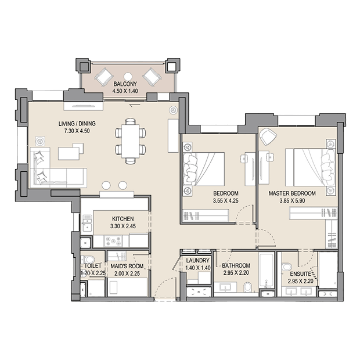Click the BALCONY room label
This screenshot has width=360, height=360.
click(125, 84)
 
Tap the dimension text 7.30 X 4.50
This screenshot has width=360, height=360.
click(77, 131)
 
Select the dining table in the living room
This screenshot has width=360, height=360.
click(131, 141)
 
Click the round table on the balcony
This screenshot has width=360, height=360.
click(128, 76)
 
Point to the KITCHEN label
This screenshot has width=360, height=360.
click(123, 218)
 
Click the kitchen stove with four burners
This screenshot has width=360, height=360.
click(113, 242)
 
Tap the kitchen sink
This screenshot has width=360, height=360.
click(87, 223)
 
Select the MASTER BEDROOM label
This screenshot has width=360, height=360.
click(292, 193)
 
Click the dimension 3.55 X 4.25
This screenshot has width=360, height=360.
click(225, 201)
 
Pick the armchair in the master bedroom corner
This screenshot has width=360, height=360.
click(268, 136)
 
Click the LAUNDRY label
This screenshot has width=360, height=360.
click(197, 261)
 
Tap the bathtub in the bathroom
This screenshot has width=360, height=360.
click(267, 270)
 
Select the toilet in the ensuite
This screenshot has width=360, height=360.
click(286, 267)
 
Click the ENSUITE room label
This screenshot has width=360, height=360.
click(300, 274)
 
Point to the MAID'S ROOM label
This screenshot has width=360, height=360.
click(127, 266)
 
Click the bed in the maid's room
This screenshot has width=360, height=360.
click(127, 287)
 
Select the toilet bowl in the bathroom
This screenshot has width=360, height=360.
click(248, 287)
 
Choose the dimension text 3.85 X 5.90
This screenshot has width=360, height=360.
click(292, 201)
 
